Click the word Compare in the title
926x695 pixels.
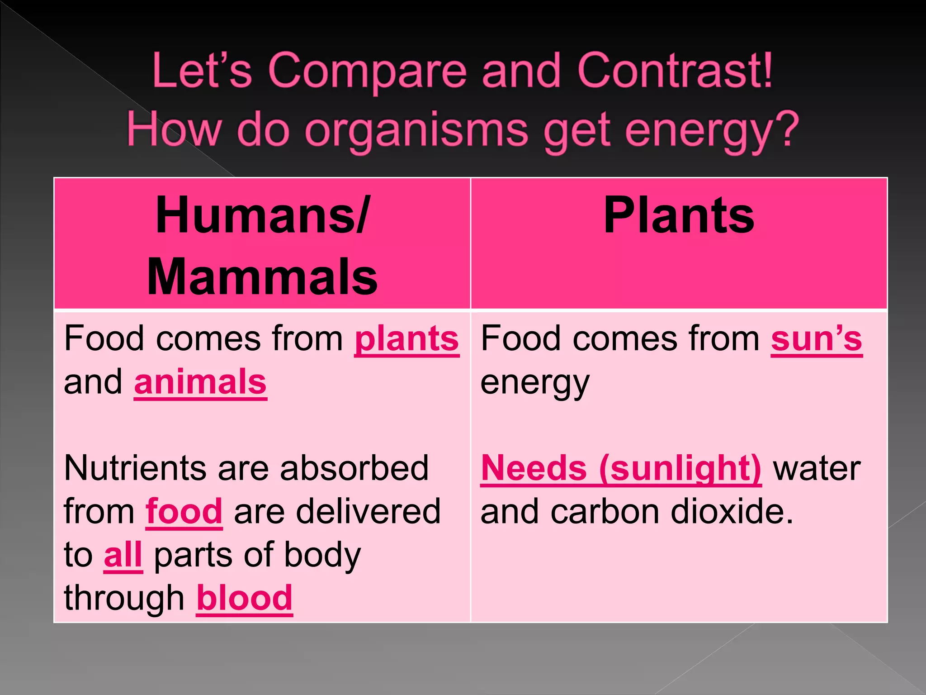coord(367,71)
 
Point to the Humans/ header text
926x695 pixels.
coord(262,215)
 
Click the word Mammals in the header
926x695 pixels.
coord(262,277)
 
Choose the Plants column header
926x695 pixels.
coord(679,215)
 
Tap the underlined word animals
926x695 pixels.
coord(200,382)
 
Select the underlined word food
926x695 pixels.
coord(184,511)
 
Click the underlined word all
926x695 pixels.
coord(123,555)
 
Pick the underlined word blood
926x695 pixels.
coord(245,598)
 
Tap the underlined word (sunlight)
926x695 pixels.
coord(680,468)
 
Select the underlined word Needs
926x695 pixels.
coord(534,468)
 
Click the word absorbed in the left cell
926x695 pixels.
coord(354,468)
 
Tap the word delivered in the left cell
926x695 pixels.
coord(337,511)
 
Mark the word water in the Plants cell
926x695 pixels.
coord(817,468)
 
